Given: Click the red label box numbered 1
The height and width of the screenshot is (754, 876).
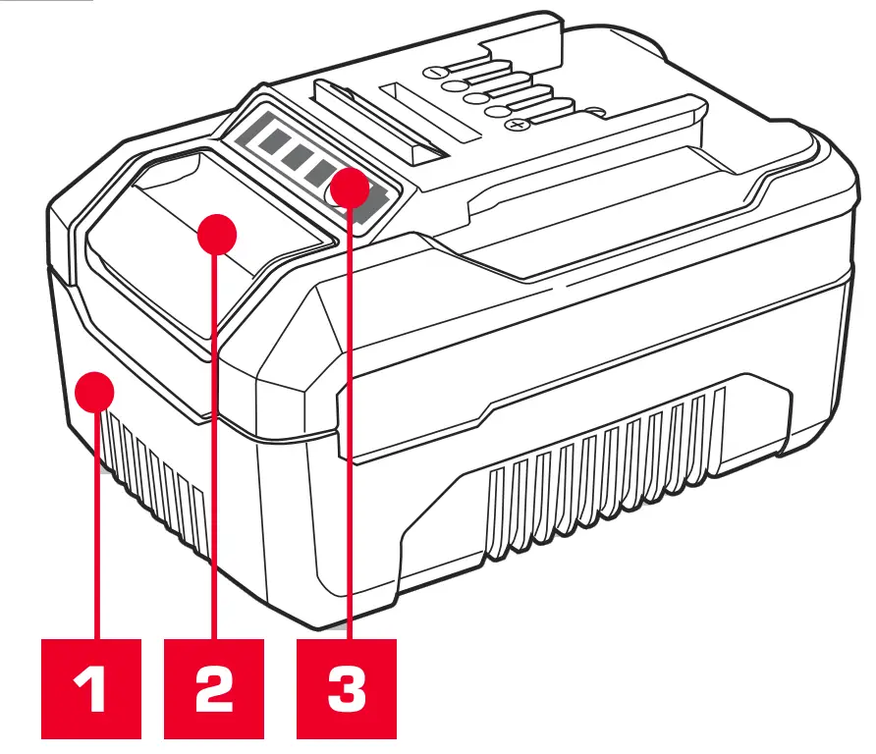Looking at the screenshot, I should coord(91,688).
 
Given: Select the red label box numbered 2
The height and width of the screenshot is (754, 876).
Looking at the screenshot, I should coord(214,688).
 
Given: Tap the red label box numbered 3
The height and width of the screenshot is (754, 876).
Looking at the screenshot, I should coord(347,688).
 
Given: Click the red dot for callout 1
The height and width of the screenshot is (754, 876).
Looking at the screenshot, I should coord(95,393).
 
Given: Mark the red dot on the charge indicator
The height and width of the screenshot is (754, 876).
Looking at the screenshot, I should coord(349,188).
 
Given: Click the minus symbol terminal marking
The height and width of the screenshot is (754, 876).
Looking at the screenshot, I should coord(434,72).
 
